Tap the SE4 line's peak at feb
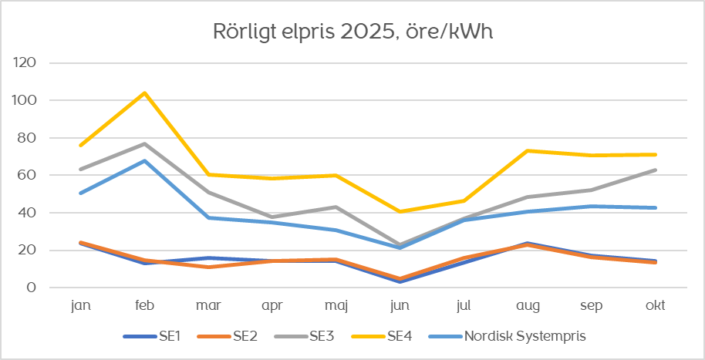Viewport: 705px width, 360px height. (144, 93)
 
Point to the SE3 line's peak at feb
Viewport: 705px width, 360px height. (144, 144)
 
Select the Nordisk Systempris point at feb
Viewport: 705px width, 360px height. (144, 161)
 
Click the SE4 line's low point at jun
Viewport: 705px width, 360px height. (400, 211)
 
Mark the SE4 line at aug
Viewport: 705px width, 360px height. (528, 150)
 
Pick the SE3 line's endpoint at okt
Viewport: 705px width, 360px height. (656, 170)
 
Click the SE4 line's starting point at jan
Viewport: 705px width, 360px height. (80, 145)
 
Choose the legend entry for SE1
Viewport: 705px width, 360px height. (154, 336)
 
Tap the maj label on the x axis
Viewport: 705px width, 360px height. (336, 306)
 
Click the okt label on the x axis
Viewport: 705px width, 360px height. (656, 306)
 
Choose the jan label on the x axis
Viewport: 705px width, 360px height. (80, 306)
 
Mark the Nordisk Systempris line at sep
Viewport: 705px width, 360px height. (592, 207)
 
